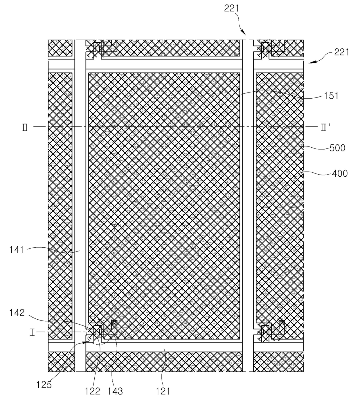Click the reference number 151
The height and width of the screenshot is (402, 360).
tap(331, 96)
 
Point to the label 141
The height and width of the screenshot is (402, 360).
tap(17, 249)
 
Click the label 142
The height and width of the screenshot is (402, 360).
tap(17, 313)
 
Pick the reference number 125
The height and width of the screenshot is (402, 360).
tap(44, 385)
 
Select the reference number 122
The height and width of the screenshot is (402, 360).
tap(92, 391)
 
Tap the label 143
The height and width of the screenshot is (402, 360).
tap(115, 391)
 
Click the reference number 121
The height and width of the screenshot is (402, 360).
tap(163, 391)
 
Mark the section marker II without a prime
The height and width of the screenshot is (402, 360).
tap(25, 127)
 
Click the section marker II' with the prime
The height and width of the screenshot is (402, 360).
tap(325, 127)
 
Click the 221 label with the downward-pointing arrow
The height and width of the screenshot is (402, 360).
tap(231, 8)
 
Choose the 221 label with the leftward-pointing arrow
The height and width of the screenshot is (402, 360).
tap(341, 52)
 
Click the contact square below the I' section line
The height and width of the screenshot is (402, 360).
tap(114, 323)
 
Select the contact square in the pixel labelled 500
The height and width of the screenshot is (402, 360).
tap(281, 323)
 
